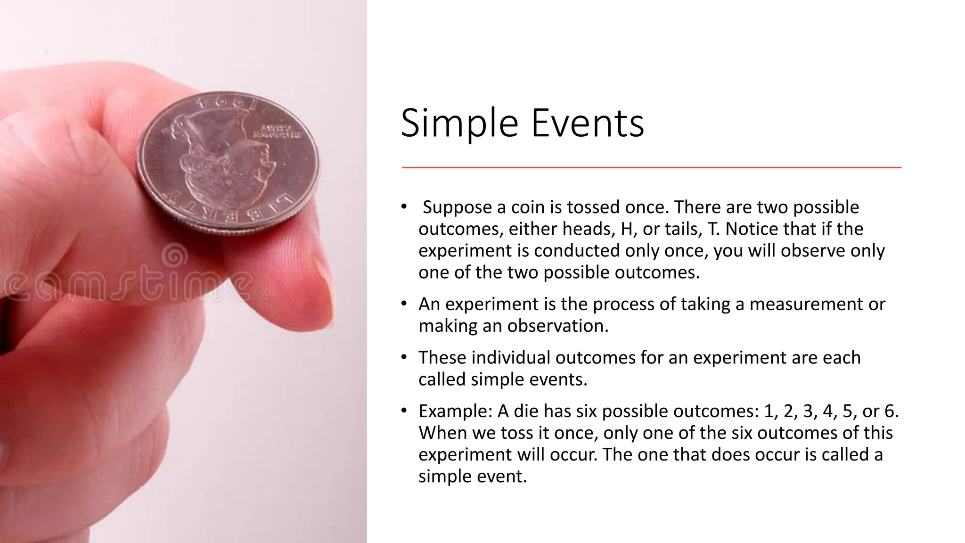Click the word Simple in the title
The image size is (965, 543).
point(459,123)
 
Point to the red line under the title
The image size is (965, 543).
point(651,167)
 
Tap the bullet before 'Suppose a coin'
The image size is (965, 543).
point(404,207)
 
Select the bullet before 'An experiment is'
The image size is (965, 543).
point(404,304)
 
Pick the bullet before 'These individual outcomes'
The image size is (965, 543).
point(404,358)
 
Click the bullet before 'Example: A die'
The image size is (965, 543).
point(404,411)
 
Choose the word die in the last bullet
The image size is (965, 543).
point(526,411)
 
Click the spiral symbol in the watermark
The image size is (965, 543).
point(175,257)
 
